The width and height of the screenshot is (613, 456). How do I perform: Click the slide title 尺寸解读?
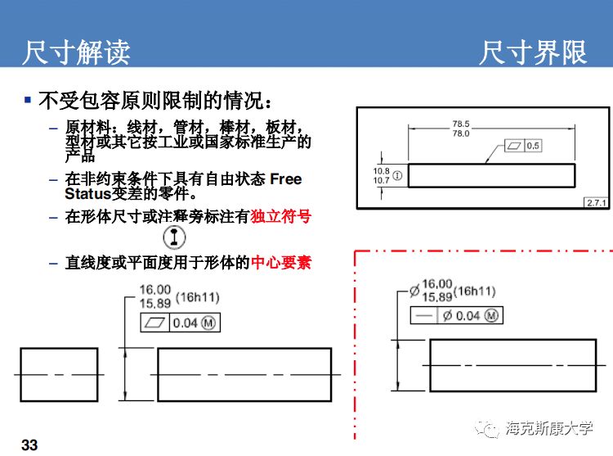tap(75, 52)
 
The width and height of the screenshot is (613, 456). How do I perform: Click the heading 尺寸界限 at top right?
tap(533, 52)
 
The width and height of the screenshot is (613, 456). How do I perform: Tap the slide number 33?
tap(29, 445)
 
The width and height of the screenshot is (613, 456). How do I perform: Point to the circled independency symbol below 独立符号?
tap(174, 237)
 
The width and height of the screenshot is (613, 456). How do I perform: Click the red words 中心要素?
tap(280, 263)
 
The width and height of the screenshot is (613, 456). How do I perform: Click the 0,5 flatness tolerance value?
tap(532, 146)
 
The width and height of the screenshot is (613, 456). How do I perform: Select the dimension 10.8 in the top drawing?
tap(381, 170)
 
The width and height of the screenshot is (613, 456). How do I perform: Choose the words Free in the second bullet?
tap(285, 179)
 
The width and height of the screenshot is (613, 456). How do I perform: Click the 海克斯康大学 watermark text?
tap(549, 427)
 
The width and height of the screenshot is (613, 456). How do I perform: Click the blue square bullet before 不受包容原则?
tap(27, 101)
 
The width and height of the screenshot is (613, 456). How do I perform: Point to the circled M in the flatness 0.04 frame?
tap(208, 323)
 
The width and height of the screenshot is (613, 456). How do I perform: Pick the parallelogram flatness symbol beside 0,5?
tap(513, 146)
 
